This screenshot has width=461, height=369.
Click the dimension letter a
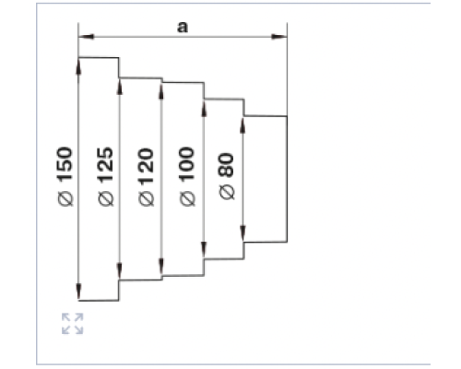click(x=183, y=27)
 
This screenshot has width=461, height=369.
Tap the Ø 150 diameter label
click(x=65, y=176)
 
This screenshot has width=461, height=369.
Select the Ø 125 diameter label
click(x=106, y=176)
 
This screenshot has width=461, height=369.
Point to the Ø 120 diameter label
click(x=147, y=177)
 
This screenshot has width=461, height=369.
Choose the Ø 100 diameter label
click(x=187, y=176)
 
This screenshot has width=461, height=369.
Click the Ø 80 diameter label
click(x=228, y=176)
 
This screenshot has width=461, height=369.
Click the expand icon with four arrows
click(x=73, y=324)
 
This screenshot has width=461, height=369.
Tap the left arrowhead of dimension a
click(x=86, y=37)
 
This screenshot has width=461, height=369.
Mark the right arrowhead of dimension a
click(x=279, y=37)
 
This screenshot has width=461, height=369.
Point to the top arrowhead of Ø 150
click(x=78, y=65)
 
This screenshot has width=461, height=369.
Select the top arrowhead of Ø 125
click(x=120, y=87)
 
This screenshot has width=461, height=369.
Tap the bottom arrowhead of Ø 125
click(x=120, y=271)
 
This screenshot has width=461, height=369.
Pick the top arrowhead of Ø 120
click(x=161, y=90)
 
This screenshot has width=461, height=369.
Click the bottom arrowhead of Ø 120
click(x=161, y=268)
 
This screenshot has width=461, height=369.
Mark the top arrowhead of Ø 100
click(x=204, y=107)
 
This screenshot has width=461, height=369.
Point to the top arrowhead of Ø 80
click(x=242, y=125)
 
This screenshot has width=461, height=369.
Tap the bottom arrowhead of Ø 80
click(x=242, y=233)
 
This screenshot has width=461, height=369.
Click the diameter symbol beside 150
click(x=65, y=198)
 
